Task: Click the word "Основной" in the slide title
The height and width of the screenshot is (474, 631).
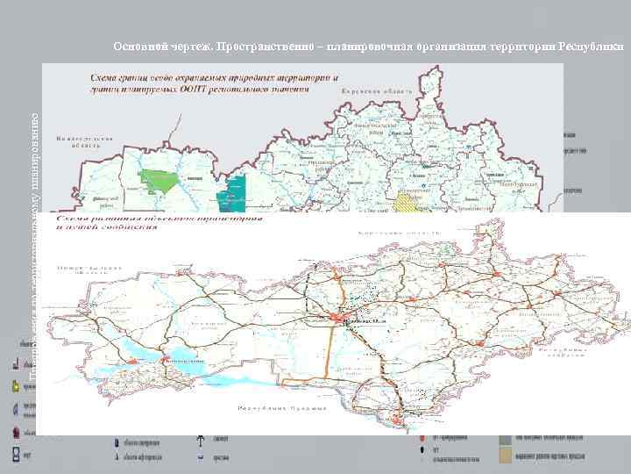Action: pos(138,46)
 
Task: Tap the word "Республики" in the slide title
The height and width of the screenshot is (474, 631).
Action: pos(592,46)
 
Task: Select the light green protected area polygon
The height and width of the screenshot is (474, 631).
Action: pos(162,183)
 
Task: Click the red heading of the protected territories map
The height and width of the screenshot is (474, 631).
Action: pos(210,83)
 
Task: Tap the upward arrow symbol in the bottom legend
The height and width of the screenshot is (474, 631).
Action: pos(202,441)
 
